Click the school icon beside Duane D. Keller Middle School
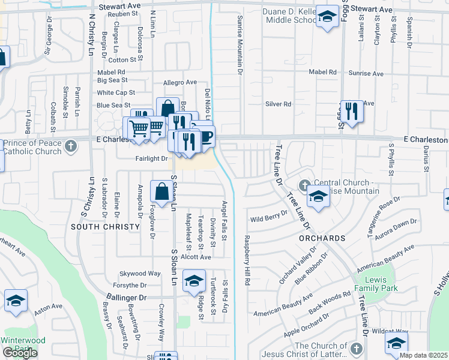(x=327, y=17)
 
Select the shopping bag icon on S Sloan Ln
(x=162, y=193)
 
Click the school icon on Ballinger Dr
(x=193, y=281)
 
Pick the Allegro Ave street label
(x=180, y=82)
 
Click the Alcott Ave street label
(x=196, y=257)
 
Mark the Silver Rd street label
(x=278, y=104)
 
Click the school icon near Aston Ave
(x=16, y=302)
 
